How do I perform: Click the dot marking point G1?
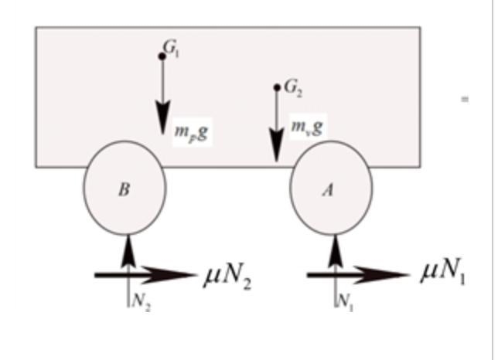click(x=162, y=56)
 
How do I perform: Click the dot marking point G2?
click(x=277, y=87)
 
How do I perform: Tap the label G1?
click(x=171, y=49)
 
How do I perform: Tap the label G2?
click(x=293, y=88)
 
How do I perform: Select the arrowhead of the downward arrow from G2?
click(x=277, y=145)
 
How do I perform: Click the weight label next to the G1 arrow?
click(x=192, y=132)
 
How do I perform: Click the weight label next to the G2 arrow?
click(x=307, y=127)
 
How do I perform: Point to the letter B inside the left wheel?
click(x=124, y=189)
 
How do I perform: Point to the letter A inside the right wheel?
click(x=328, y=190)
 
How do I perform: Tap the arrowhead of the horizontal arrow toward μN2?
click(x=169, y=275)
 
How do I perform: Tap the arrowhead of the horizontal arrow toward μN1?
click(x=383, y=275)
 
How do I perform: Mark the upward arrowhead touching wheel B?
click(x=128, y=250)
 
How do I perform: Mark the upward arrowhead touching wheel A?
click(x=336, y=250)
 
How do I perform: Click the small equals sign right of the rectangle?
click(x=465, y=100)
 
